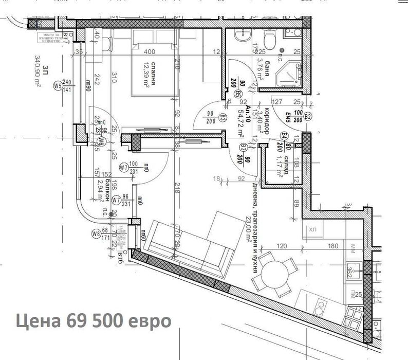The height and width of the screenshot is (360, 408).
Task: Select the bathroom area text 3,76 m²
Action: [x=259, y=71]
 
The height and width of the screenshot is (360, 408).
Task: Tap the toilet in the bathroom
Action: [x=269, y=39]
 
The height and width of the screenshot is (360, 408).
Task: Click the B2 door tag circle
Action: [x=308, y=117]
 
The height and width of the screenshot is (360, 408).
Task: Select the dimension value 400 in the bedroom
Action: [x=150, y=52]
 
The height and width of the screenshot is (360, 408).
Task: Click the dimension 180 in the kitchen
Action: [x=332, y=246]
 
